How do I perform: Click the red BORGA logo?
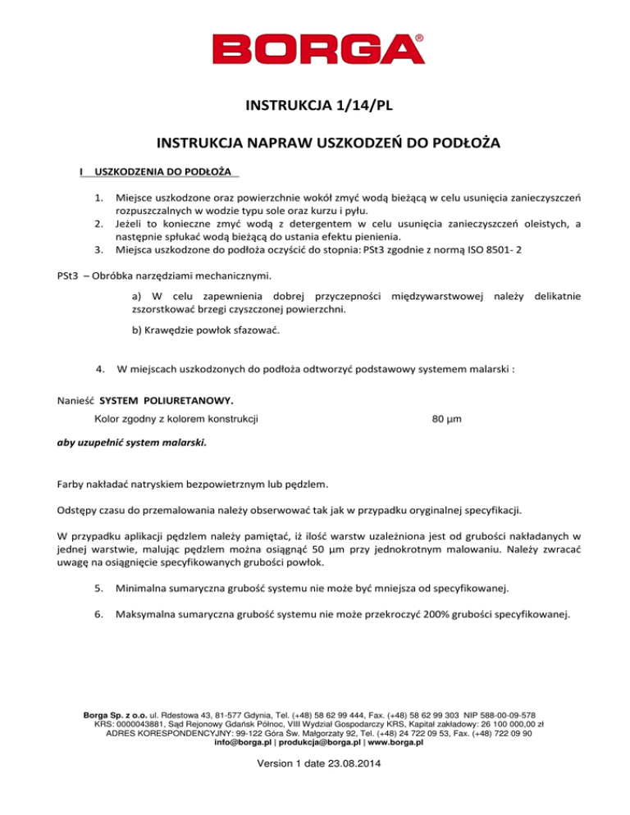pos(315,49)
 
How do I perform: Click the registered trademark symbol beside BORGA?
pos(420,38)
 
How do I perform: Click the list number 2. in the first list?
pos(98,225)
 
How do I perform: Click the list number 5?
pos(98,588)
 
